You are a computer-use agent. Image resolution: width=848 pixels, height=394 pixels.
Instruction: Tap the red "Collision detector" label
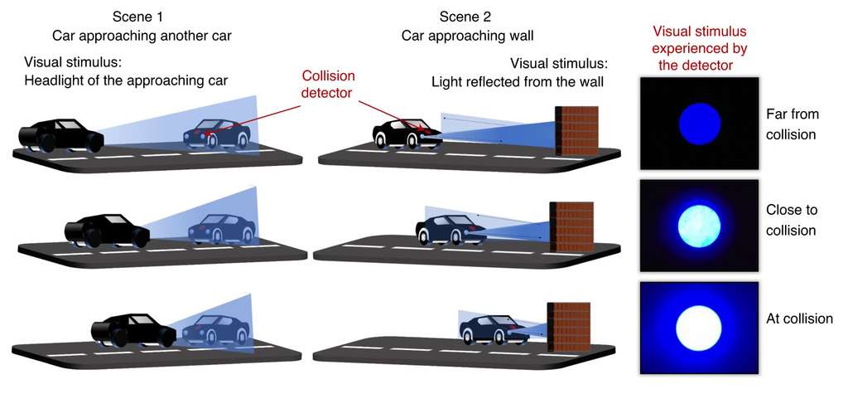pyautogui.click(x=328, y=84)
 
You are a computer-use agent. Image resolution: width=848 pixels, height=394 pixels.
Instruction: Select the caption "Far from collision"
pyautogui.click(x=793, y=124)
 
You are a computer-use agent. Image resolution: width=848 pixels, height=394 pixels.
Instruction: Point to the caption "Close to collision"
pyautogui.click(x=792, y=220)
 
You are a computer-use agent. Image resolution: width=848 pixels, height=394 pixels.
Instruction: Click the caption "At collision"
pyautogui.click(x=799, y=319)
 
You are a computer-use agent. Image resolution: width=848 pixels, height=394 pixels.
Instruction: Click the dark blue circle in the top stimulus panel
pyautogui.click(x=700, y=124)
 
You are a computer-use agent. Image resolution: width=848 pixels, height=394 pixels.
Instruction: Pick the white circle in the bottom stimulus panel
pyautogui.click(x=699, y=328)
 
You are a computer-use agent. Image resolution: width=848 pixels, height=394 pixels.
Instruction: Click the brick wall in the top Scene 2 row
pyautogui.click(x=577, y=130)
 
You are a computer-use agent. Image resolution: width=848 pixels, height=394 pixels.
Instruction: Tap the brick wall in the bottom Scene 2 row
pyautogui.click(x=568, y=328)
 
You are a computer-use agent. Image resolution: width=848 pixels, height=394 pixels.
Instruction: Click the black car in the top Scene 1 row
pyautogui.click(x=60, y=135)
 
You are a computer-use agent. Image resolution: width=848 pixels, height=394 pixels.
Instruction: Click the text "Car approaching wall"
pyautogui.click(x=467, y=36)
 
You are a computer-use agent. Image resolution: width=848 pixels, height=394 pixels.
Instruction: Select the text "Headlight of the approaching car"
pyautogui.click(x=126, y=81)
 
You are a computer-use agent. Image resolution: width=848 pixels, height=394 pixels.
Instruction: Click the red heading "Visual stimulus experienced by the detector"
pyautogui.click(x=699, y=48)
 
